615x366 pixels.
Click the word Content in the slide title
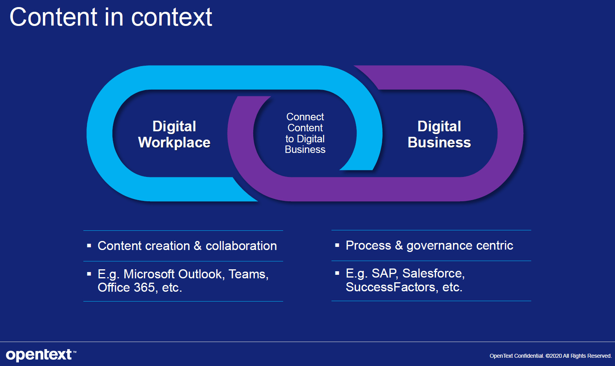coord(53,17)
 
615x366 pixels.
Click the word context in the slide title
coord(171,17)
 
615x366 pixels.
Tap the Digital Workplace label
coord(174,134)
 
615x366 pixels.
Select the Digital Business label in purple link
coord(439,134)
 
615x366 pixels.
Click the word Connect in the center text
coord(305,117)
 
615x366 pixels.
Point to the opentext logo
coord(39,355)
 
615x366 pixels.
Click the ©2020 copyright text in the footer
coord(554,356)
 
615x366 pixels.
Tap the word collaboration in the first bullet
coord(241,246)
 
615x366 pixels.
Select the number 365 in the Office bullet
coord(144,287)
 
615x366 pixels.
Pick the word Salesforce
coord(433,273)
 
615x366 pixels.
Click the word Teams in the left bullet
coord(248,274)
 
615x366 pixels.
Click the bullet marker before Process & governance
coord(337,245)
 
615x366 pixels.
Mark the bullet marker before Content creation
coord(89,246)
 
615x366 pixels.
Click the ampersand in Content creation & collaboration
coord(198,246)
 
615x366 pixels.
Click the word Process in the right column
coord(368,245)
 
